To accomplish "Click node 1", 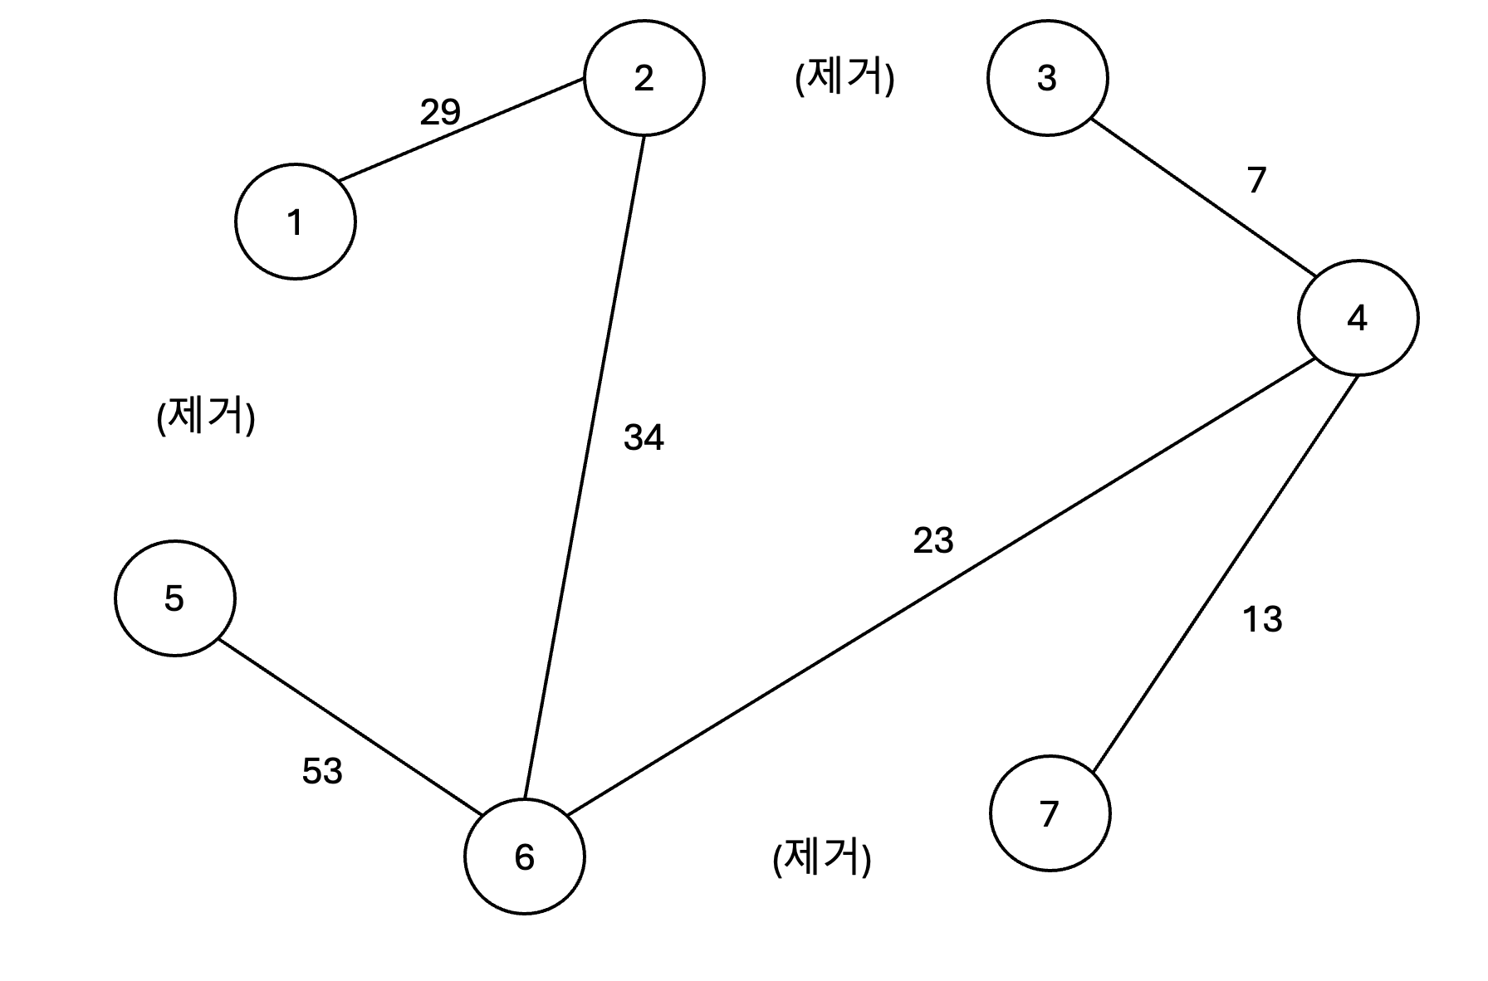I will (296, 222).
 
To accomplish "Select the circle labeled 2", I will (644, 78).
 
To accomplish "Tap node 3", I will (1047, 78).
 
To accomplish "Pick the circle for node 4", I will (1358, 318).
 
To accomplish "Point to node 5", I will (174, 598).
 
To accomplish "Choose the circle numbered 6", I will (524, 857).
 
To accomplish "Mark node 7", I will (1050, 813).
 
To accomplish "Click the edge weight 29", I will (440, 112).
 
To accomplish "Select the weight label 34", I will (644, 437).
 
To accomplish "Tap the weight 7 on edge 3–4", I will (1256, 180).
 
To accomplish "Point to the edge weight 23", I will (933, 541).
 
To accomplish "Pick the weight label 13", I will (1262, 619).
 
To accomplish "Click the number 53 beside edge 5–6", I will (322, 772).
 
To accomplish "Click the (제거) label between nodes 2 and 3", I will (844, 79).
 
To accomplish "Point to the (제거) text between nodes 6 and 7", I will (822, 858).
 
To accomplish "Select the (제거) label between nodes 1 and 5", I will (206, 416).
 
